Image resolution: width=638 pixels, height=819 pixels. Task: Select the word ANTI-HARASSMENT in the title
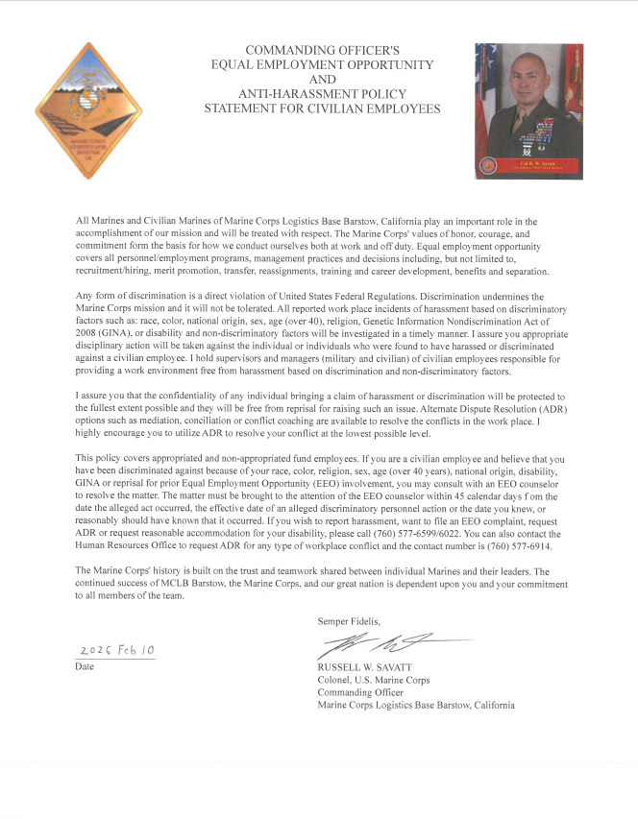(322, 94)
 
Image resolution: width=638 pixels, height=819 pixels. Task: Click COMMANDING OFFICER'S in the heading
(322, 49)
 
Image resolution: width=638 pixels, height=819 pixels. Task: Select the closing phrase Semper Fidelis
(349, 621)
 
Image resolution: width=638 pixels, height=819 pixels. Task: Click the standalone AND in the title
(323, 79)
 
